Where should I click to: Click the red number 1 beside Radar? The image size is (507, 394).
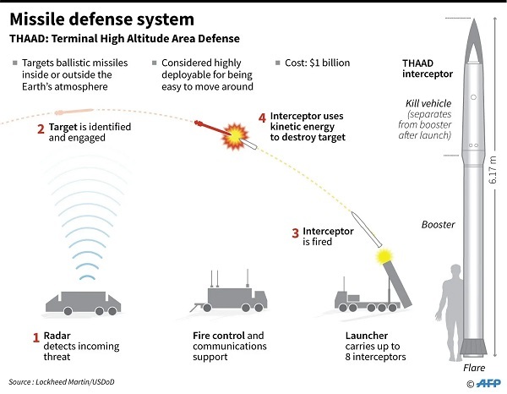pyautogui.click(x=36, y=337)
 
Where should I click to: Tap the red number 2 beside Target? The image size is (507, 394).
pyautogui.click(x=40, y=129)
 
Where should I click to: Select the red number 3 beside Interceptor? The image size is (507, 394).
pyautogui.click(x=295, y=232)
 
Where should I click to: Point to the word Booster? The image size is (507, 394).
pyautogui.click(x=438, y=224)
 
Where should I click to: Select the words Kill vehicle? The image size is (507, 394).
pyautogui.click(x=424, y=103)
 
